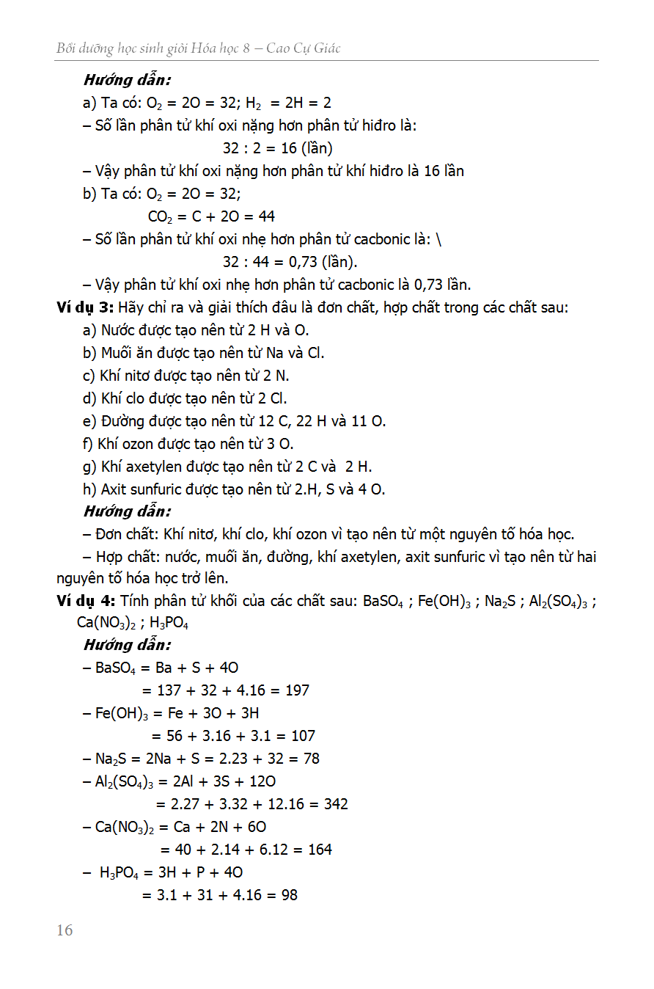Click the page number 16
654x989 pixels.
pyautogui.click(x=65, y=930)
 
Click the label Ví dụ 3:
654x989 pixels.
pyautogui.click(x=84, y=307)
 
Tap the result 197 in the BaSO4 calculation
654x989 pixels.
pyautogui.click(x=297, y=690)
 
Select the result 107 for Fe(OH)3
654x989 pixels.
pyautogui.click(x=303, y=736)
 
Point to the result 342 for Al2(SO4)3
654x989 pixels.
pyautogui.click(x=335, y=804)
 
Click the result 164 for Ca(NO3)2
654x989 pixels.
pyautogui.click(x=320, y=850)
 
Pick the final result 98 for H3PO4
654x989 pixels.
pyautogui.click(x=289, y=895)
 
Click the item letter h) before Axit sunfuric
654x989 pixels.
pyautogui.click(x=89, y=489)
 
